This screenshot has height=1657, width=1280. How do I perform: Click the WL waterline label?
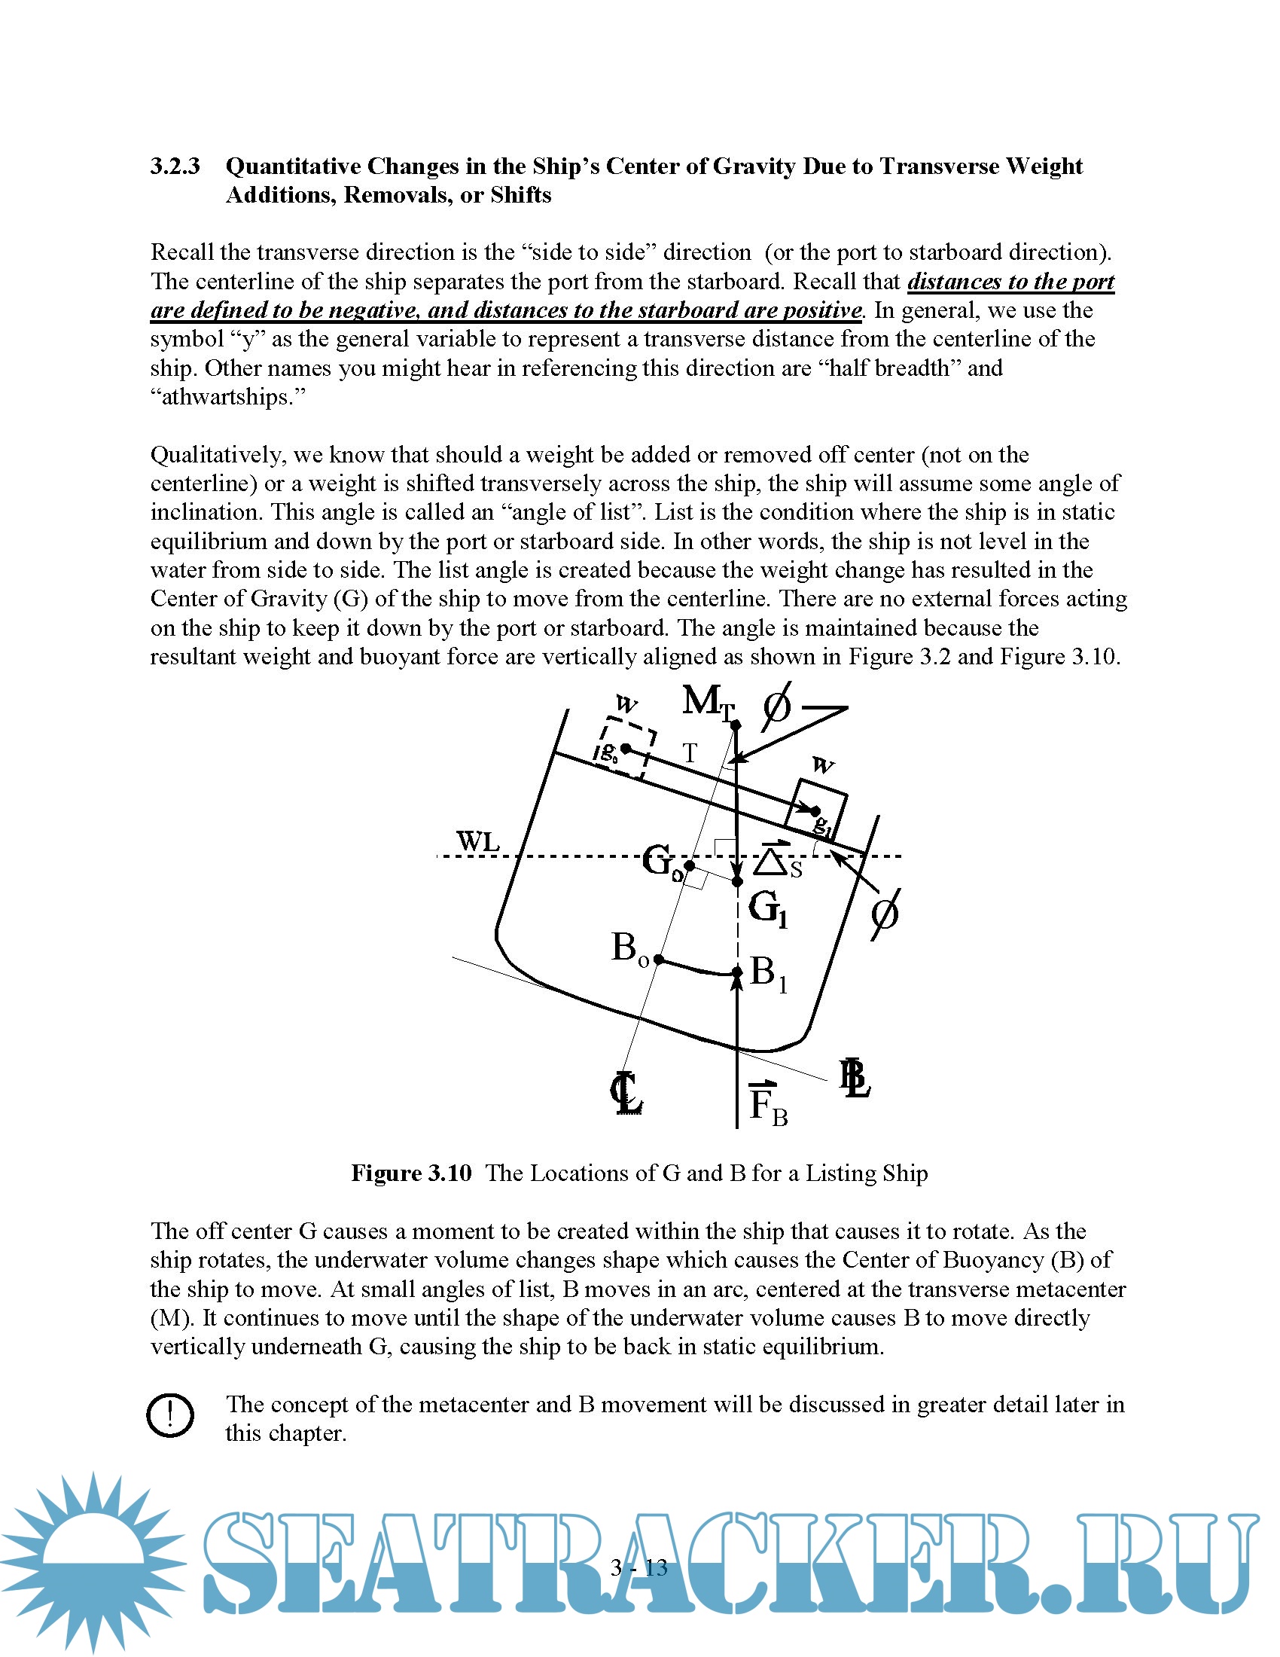(477, 841)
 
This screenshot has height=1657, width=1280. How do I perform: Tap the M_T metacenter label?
(708, 702)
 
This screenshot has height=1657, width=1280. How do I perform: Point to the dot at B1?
(737, 972)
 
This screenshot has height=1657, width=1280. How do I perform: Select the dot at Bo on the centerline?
(659, 960)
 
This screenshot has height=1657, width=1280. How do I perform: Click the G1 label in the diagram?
(768, 908)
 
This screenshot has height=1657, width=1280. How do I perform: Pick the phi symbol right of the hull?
(884, 914)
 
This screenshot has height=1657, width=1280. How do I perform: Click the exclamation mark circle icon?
(170, 1415)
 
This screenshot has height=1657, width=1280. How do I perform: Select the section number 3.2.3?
(175, 166)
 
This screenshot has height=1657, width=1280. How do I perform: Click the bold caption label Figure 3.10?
(411, 1173)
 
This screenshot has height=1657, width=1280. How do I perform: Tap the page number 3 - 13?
(638, 1567)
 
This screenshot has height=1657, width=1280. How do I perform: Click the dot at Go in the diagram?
(689, 865)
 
